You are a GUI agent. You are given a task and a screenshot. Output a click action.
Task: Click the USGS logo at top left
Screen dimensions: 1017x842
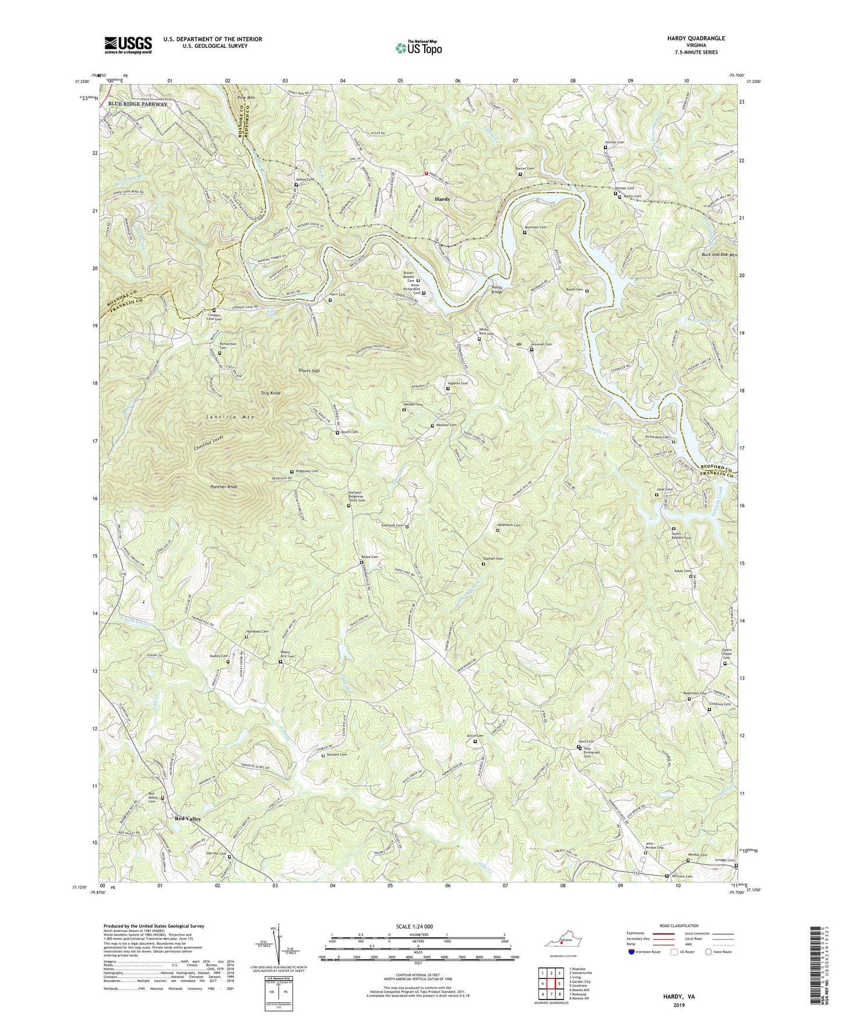tap(128, 44)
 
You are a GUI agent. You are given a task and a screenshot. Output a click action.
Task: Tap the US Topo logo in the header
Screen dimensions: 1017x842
tap(417, 48)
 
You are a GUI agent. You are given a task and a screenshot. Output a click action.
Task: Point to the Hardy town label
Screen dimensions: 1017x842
tap(442, 199)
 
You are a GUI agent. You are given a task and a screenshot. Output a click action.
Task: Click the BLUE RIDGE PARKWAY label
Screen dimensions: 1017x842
tap(136, 104)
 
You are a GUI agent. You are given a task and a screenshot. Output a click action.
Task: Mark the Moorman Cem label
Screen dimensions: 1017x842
tap(535, 227)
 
